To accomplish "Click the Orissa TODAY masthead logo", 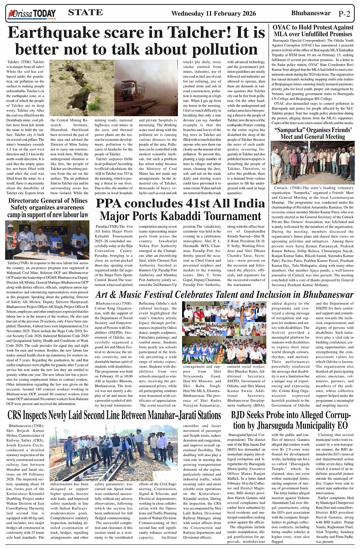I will [32, 14].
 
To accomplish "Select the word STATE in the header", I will [85, 13].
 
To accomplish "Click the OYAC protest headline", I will [313, 31].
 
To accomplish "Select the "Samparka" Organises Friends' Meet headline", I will [313, 133].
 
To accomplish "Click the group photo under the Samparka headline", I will [312, 163].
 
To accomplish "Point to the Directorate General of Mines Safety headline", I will [48, 207].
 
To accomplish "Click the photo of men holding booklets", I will [47, 240].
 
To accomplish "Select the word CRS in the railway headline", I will [17, 415].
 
